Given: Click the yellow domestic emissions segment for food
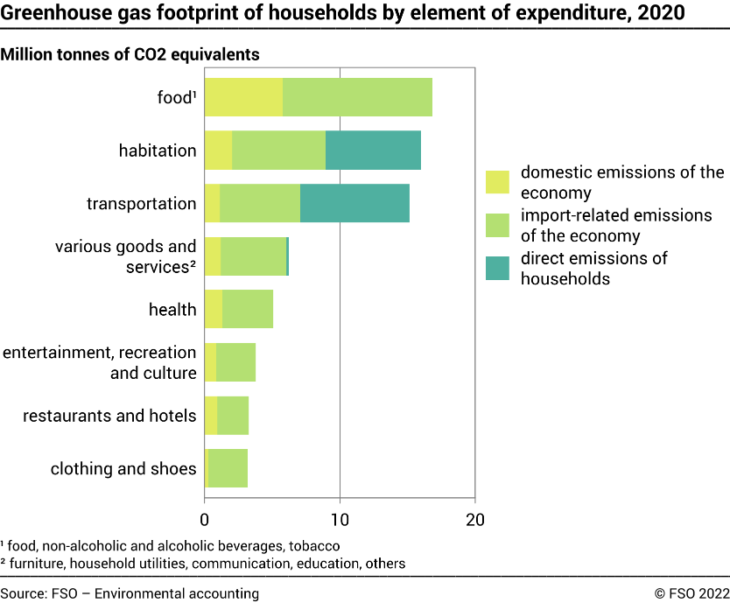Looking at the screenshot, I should (243, 96).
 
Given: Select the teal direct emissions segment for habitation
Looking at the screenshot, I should (373, 151).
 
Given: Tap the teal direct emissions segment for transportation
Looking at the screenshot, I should (354, 203).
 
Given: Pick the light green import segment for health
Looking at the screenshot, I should (248, 310).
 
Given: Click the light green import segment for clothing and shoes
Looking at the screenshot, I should (228, 468).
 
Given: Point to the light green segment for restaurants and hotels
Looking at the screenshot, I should (233, 415).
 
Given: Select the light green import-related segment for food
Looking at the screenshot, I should (357, 96).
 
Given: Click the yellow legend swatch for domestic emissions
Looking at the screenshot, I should (497, 182).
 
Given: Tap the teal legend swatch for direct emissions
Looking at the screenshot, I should (497, 268).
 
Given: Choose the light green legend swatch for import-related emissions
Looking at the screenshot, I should (497, 225).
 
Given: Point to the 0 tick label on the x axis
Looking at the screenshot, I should (204, 518).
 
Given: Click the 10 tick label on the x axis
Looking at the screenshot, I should (340, 518).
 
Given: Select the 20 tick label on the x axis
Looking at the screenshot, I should (474, 518).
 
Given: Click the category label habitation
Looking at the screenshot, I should (158, 151).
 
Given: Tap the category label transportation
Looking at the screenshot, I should (141, 204).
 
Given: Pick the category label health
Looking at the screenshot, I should (172, 310).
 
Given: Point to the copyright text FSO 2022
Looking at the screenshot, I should (691, 593).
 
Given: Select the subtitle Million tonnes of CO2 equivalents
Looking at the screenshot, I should (130, 54).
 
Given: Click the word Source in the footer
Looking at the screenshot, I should (24, 593).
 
